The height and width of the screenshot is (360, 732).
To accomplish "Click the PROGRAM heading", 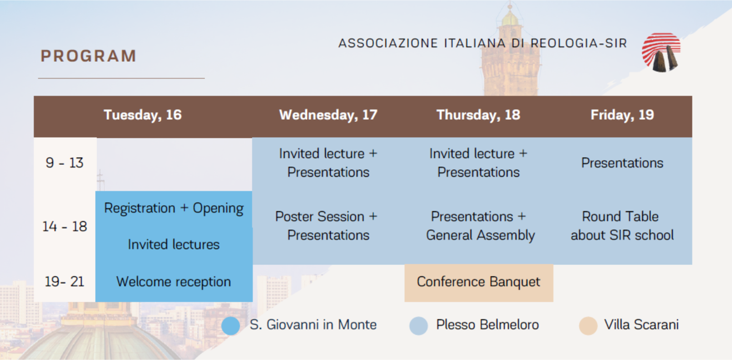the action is point(88,56).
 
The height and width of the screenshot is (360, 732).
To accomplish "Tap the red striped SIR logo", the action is point(661,52).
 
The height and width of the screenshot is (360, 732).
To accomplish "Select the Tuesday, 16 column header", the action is point(143,115).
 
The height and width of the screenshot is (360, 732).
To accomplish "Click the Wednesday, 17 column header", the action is point(328,115).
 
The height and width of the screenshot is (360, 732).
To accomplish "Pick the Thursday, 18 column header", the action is point(478,115).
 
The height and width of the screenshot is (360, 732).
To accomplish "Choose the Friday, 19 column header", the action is point(622,115).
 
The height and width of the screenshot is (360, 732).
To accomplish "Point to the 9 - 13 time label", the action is point(64,163).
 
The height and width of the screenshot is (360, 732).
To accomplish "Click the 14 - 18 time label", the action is point(65,226).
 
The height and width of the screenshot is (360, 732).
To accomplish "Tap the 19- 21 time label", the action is point(64,282).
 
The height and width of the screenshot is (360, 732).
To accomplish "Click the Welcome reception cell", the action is point(174,282).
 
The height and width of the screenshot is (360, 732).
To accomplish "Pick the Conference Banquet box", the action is point(479,283).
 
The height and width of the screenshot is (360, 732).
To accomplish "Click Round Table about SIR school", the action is point(622,226).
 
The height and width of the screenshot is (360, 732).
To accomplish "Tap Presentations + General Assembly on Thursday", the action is point(480,226).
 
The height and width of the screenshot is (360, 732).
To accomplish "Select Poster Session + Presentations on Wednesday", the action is point(327,226).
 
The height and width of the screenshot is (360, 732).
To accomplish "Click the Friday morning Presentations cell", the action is point(622,163).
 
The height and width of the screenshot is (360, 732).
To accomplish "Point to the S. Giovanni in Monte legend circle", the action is point(230,326).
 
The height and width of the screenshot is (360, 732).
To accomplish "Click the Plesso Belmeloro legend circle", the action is point(419,326).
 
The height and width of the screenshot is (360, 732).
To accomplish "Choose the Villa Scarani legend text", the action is point(641,325).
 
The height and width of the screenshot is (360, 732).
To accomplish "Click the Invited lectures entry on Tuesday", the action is point(174,245).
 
